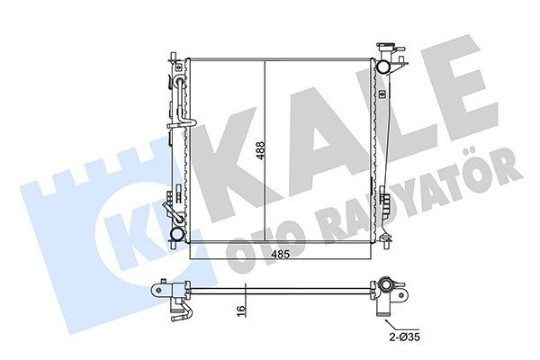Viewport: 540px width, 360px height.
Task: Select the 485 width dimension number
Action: (x=280, y=254)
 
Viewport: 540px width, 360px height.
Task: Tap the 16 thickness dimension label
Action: (x=242, y=309)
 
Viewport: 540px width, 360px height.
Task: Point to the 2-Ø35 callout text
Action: (x=405, y=337)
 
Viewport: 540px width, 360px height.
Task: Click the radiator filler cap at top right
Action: (x=387, y=46)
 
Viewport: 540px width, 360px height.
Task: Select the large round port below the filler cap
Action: (x=382, y=66)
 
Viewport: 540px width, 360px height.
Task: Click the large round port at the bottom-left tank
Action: (x=177, y=234)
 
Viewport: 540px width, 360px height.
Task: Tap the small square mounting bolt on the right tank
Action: (x=382, y=94)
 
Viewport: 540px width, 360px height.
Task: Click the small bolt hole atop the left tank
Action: (x=178, y=67)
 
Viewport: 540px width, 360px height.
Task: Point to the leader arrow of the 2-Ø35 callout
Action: (x=391, y=325)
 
